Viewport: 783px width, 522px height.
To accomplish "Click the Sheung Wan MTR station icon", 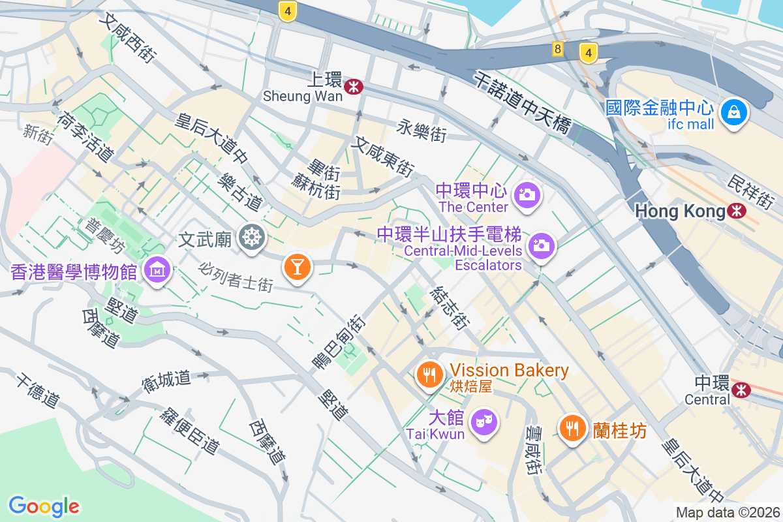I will [354, 85].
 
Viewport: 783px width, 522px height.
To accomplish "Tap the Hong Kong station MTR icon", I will [738, 211].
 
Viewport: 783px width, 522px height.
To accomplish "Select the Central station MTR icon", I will [741, 390].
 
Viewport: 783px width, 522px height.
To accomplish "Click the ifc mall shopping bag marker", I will [735, 114].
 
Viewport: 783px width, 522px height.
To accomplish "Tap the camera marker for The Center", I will [526, 194].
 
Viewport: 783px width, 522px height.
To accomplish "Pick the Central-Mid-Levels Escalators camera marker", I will [541, 246].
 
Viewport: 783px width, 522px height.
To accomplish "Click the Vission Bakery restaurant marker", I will [429, 375].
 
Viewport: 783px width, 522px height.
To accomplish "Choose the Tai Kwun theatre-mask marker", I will [484, 421].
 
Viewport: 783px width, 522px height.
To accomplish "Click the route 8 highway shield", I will [557, 50].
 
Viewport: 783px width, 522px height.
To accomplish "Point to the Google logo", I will [44, 506].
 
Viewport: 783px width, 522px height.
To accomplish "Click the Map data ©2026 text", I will [727, 512].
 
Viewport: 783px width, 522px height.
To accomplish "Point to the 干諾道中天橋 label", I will [522, 102].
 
